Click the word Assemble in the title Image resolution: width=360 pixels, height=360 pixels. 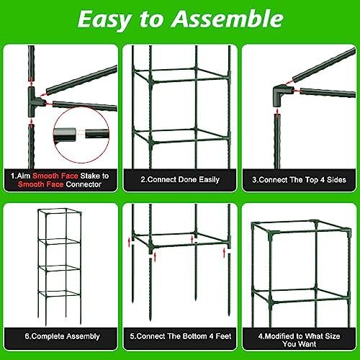coord(228,19)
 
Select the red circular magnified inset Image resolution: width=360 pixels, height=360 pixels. coord(81,135)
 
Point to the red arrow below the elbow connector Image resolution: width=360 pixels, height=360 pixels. coord(277,113)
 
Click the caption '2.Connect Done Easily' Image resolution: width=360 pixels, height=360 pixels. coord(180,180)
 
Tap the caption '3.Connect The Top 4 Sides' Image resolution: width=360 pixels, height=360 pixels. coord(299,180)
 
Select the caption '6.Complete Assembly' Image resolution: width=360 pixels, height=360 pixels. coord(62,336)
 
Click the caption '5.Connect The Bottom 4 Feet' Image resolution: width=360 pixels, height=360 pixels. coord(181,336)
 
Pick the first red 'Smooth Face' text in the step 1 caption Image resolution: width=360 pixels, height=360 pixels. coord(55,176)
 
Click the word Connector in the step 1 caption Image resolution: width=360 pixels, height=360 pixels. coord(84,184)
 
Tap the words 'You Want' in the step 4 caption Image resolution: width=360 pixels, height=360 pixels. coord(299,344)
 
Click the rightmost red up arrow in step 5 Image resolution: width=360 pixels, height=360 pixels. coord(225,253)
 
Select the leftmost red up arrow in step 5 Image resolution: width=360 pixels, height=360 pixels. coord(129,242)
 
